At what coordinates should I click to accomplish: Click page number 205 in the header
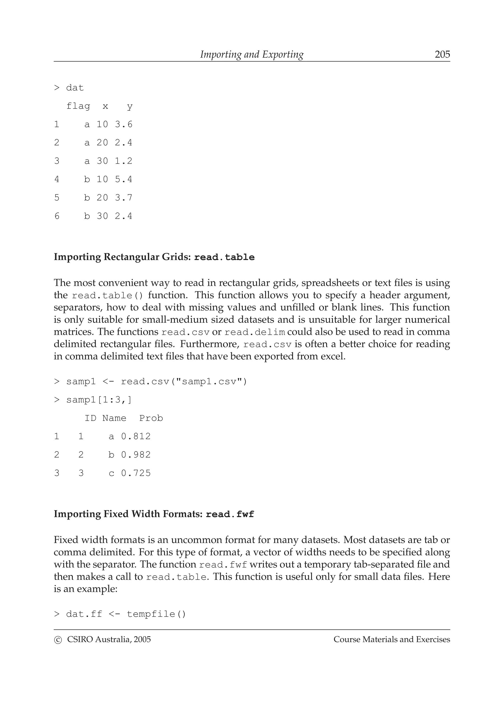(442, 54)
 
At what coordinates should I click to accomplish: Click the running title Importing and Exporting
(252, 54)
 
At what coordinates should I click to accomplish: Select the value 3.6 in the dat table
(124, 124)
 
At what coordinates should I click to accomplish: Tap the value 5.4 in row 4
(124, 180)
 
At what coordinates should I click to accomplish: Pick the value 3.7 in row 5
(124, 198)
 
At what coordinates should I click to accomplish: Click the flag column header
(78, 106)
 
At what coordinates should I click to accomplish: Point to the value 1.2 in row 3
(124, 161)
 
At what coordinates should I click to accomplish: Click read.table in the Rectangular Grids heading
(224, 257)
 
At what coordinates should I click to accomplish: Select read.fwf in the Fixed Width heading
(230, 514)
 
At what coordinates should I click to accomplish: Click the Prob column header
(151, 418)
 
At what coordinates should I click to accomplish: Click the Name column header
(114, 418)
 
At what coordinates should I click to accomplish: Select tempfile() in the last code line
(156, 614)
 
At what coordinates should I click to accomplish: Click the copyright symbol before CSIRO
(58, 640)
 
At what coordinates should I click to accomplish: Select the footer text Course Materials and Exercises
(392, 640)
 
